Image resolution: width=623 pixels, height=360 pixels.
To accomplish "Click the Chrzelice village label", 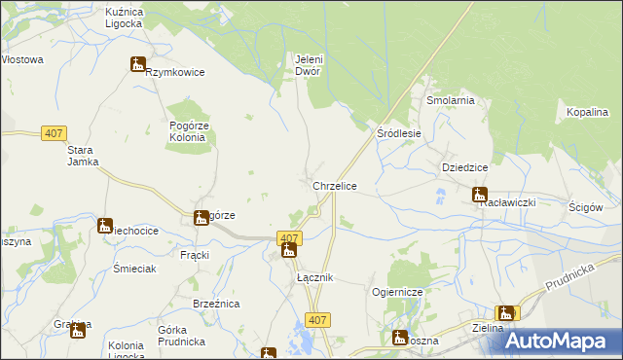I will (x=334, y=185).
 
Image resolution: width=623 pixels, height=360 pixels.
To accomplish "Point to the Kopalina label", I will (x=588, y=113).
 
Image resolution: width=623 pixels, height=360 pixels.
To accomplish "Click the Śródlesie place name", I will (x=399, y=133).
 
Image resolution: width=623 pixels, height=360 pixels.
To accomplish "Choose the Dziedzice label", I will (x=464, y=167).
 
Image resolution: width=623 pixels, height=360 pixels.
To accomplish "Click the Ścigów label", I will (x=587, y=207).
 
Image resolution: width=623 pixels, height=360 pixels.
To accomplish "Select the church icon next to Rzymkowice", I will (x=137, y=64).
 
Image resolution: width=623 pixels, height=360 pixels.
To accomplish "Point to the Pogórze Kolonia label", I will (x=188, y=131).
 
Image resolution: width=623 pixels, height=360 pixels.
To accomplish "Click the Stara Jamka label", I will (x=84, y=156).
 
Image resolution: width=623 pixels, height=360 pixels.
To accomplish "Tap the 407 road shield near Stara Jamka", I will (x=54, y=133).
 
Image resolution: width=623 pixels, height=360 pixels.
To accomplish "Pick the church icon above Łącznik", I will (x=288, y=251).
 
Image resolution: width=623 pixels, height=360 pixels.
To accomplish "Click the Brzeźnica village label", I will (x=217, y=304).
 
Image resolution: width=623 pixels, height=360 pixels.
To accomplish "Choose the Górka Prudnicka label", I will (x=179, y=336).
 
